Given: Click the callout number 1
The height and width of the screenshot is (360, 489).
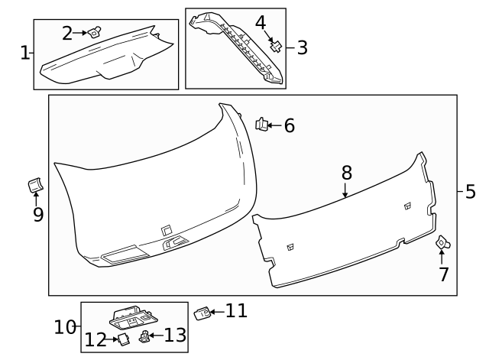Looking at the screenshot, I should coord(24,53).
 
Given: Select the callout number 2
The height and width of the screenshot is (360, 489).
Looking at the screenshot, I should coord(67,33).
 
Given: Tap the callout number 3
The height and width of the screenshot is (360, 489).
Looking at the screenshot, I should coord(302,47).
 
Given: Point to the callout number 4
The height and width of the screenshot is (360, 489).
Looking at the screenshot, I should coord(261,22).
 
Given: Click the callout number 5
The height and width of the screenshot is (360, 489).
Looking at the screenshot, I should coord(470,191).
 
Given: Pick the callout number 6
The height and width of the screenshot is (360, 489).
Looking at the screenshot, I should coord(289,125).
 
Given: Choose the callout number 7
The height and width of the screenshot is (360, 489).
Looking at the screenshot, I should coord(443,274).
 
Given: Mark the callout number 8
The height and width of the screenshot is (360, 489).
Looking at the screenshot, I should coord(345,172).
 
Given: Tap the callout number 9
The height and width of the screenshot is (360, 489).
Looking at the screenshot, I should coord(37,215).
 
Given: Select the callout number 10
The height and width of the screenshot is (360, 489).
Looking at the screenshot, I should coord(65,328).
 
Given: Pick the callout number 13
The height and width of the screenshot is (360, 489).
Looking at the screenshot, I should coord(175,334).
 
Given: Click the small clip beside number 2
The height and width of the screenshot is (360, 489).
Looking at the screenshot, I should coord(95,31).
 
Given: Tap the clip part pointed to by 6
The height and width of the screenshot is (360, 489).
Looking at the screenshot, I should coord(261,123).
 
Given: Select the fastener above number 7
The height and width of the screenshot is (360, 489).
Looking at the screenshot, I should coord(442,243).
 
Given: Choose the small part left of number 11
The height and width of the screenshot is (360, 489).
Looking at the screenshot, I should coord(202,312).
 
